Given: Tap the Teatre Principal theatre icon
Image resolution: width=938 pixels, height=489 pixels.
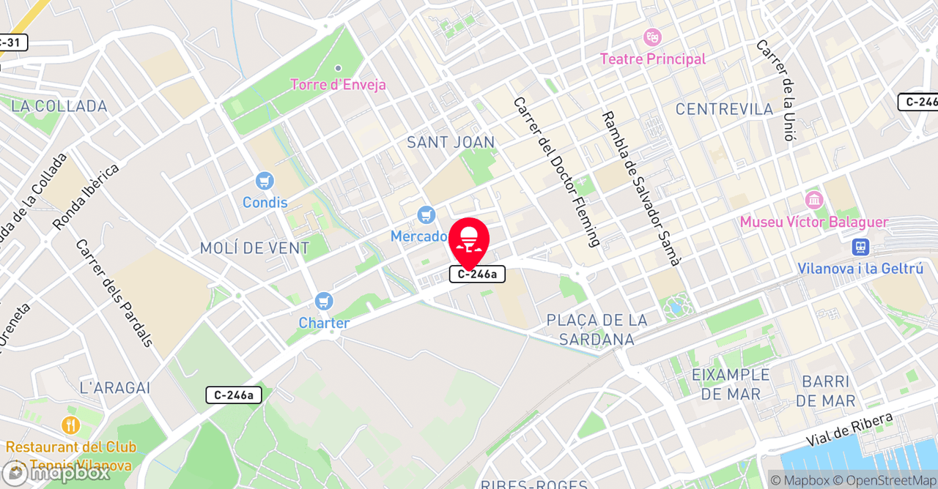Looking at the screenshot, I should pos(651,37).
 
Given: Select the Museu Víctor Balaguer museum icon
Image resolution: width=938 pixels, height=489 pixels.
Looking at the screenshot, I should pos(813,200).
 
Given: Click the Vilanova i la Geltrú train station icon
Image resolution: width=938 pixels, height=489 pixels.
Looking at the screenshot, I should pos(860,247).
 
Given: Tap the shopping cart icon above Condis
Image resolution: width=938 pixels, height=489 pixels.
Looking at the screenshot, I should pos(265,181).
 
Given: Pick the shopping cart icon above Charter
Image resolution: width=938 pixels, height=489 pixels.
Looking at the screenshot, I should pos(323,301).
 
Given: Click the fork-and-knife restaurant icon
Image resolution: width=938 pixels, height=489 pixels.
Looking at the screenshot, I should pos(70,425).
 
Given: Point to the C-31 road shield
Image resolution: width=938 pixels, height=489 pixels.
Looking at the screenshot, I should pos(12,42).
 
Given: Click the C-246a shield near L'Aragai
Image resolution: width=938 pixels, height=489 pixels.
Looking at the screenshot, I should pos(234,395).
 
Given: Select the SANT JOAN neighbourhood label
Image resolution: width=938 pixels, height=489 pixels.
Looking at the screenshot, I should pos(451,142).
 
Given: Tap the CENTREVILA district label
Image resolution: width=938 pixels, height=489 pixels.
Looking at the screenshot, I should pos(724,109).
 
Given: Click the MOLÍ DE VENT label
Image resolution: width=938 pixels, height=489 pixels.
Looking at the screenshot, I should pos(255,248).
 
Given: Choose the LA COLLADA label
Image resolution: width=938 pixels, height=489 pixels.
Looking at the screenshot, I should pos(60,106).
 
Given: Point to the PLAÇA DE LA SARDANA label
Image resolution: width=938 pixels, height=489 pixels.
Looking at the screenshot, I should pos(597,329).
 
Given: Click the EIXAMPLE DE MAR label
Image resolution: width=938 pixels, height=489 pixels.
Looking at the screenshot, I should pos(731,384).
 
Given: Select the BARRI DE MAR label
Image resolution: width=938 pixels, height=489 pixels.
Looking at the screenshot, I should pos(825,391).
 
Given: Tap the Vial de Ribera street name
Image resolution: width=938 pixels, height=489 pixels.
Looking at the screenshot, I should pos(850,430).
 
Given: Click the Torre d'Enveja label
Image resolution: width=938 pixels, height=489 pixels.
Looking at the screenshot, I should pos(338,84).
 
